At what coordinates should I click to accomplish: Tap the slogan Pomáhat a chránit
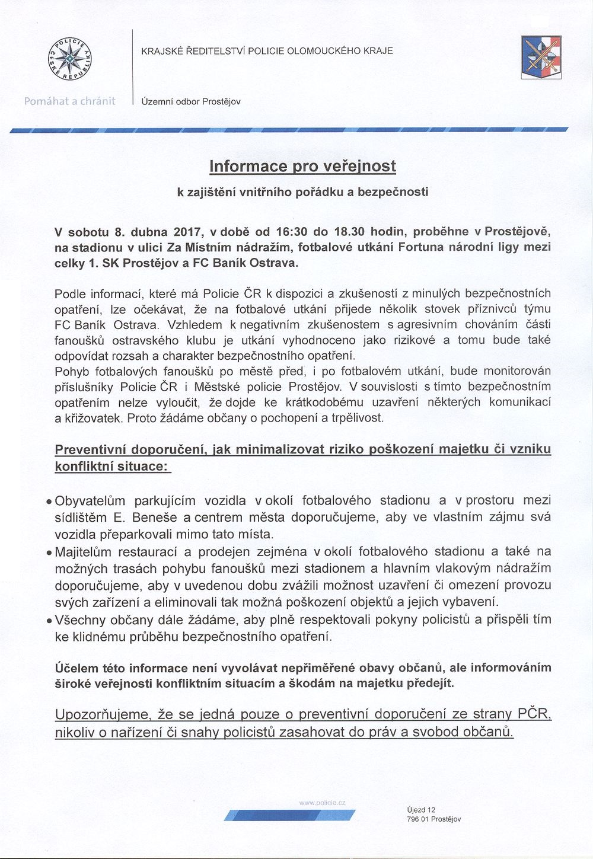70,101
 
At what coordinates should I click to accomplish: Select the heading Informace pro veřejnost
302,166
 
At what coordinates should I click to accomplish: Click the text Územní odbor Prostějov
190,102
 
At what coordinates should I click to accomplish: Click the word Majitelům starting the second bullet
87,553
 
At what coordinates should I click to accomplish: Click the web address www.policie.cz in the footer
323,803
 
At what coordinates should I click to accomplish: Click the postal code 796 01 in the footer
418,819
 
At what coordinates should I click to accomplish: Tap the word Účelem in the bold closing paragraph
74,668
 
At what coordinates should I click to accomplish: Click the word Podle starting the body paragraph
69,294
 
